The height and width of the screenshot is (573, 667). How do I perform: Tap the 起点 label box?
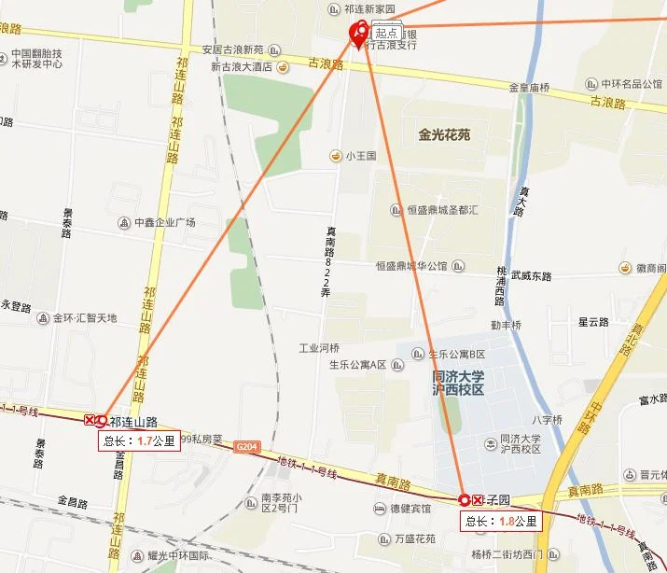click(x=387, y=32)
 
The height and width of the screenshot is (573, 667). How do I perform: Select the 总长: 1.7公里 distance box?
click(x=140, y=441)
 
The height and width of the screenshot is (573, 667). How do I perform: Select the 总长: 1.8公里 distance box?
click(x=502, y=521)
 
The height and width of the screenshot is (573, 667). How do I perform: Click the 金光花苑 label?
click(x=438, y=134)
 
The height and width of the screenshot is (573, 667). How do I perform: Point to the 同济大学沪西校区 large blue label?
click(x=459, y=383)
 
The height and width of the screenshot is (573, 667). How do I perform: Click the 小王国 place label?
click(x=360, y=156)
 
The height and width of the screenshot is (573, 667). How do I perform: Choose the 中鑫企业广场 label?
click(x=164, y=223)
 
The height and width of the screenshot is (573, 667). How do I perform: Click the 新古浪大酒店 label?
click(x=241, y=67)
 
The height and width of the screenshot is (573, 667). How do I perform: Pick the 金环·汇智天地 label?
click(x=85, y=318)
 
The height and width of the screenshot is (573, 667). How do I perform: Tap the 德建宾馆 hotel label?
click(x=410, y=509)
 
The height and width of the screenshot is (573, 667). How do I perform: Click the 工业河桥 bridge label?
click(x=319, y=348)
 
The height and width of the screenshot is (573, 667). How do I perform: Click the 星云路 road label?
click(x=593, y=322)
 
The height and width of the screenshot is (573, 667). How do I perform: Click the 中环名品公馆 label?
click(x=632, y=84)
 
